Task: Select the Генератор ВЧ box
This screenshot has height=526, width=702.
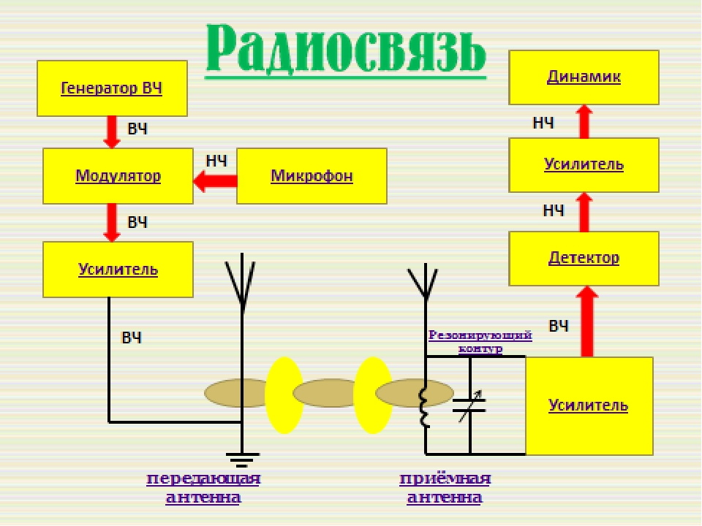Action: (111, 88)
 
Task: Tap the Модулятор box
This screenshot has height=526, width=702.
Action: (118, 176)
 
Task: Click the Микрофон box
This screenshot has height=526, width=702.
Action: (312, 176)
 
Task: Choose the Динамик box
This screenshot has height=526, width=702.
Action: (584, 77)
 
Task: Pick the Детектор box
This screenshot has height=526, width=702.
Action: (584, 258)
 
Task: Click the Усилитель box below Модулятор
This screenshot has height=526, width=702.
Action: (118, 269)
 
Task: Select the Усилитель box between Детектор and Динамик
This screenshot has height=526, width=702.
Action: (584, 164)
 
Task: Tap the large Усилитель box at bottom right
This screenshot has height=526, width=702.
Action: (589, 405)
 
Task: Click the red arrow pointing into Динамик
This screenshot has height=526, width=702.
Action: (584, 121)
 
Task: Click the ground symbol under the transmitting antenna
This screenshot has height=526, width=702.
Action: (242, 459)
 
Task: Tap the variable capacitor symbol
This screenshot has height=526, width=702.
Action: (469, 406)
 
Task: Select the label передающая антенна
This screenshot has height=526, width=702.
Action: (203, 488)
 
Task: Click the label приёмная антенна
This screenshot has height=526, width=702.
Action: (445, 488)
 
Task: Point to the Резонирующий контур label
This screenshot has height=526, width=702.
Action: (480, 341)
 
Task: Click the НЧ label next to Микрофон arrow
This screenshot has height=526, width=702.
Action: (216, 161)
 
